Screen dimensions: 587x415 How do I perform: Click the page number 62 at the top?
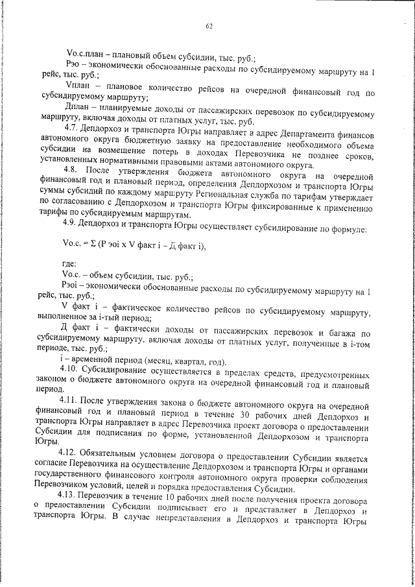click(209, 26)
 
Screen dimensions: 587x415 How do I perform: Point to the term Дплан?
click(80, 106)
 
